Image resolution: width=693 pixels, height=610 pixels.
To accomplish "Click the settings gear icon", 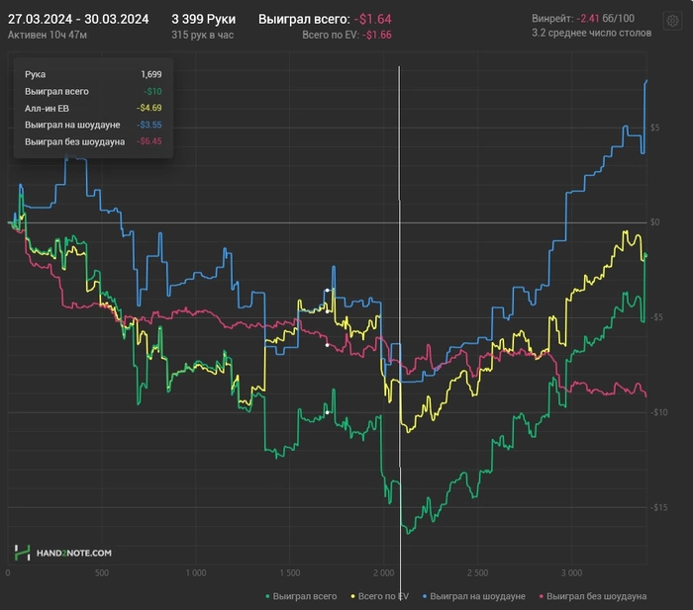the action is pyautogui.click(x=672, y=21).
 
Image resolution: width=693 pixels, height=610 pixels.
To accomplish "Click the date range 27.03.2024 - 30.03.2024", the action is pyautogui.click(x=78, y=19).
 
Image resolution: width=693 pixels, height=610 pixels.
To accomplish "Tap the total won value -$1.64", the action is pyautogui.click(x=372, y=19).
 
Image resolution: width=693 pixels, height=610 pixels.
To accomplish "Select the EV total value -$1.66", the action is pyautogui.click(x=376, y=35).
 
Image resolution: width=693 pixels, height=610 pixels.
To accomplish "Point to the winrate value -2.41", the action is pyautogui.click(x=588, y=18).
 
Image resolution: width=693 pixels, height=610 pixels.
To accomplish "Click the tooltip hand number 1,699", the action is pyautogui.click(x=151, y=74).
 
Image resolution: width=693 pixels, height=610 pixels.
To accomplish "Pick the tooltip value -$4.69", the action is pyautogui.click(x=148, y=108).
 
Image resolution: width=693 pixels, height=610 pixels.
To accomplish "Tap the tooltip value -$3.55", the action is pyautogui.click(x=148, y=125).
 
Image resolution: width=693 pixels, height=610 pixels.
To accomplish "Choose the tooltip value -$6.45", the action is pyautogui.click(x=148, y=141).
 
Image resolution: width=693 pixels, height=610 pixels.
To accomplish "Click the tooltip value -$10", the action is pyautogui.click(x=152, y=91).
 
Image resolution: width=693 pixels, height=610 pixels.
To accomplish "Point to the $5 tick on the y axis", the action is pyautogui.click(x=654, y=128).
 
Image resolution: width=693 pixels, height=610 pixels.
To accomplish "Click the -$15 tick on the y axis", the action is pyautogui.click(x=658, y=507).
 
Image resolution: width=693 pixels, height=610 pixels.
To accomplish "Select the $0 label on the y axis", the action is pyautogui.click(x=654, y=222).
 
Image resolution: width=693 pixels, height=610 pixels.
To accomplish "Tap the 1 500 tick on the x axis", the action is pyautogui.click(x=289, y=572).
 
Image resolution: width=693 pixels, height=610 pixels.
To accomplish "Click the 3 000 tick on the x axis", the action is pyautogui.click(x=571, y=572).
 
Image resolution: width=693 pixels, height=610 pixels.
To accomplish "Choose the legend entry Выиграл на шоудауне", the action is pyautogui.click(x=474, y=596).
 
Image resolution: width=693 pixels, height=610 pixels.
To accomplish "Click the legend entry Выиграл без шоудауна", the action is pyautogui.click(x=593, y=596).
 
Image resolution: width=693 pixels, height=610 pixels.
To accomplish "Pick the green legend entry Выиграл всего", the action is pyautogui.click(x=301, y=596).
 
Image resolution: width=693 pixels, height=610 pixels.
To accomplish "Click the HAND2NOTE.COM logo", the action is pyautogui.click(x=62, y=553).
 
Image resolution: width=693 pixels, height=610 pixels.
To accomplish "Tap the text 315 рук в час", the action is pyautogui.click(x=202, y=35).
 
